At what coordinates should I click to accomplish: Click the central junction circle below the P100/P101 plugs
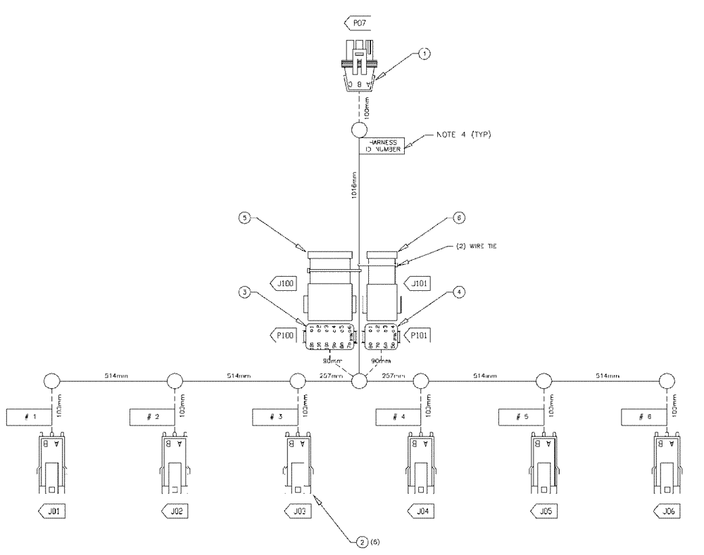[x=360, y=381]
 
